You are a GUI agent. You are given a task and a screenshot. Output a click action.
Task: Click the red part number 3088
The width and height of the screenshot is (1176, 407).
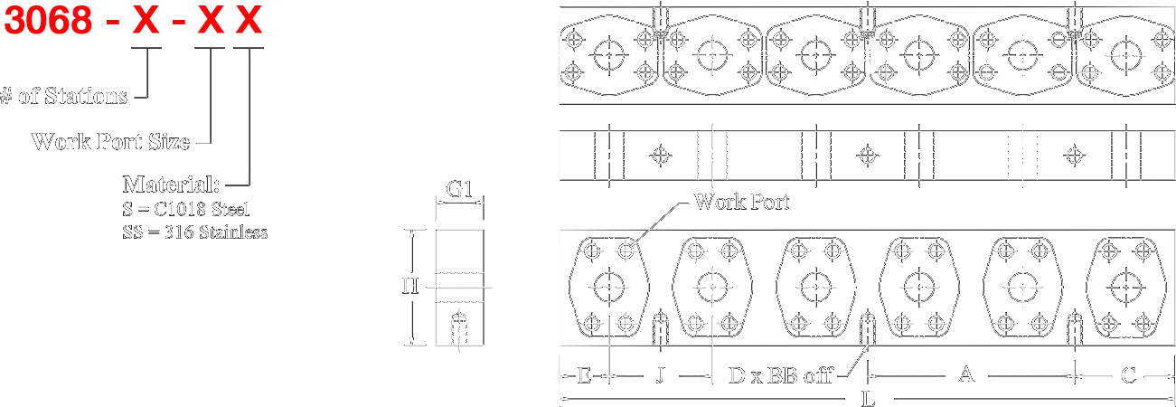47,22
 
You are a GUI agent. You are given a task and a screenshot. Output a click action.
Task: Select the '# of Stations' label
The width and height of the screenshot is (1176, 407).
64,96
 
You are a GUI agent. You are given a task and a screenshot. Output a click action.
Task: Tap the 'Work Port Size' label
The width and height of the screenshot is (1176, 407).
111,141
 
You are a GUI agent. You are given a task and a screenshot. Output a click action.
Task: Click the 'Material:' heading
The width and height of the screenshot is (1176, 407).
172,185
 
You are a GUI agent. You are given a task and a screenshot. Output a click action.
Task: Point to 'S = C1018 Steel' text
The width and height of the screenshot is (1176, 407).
188,210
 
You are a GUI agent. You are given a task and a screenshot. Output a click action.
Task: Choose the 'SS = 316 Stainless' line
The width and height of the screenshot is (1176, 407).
195,232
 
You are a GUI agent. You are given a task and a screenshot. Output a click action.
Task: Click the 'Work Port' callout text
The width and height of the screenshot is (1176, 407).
741,202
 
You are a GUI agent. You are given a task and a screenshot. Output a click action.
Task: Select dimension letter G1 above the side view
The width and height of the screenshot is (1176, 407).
459,190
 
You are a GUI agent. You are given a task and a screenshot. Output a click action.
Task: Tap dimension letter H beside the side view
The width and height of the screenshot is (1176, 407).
409,286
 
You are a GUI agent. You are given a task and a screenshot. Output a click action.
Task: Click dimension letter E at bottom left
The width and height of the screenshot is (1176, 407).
584,374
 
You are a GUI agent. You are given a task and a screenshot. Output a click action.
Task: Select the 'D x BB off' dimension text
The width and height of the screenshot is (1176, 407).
779,374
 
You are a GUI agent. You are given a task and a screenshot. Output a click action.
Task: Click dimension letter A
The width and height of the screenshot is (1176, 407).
965,374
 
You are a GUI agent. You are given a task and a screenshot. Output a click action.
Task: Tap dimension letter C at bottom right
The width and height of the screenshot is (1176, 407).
1127,374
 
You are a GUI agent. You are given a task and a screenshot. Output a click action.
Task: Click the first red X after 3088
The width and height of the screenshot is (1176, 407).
145,22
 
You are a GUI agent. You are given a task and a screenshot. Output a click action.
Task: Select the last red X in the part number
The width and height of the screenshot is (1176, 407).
249,22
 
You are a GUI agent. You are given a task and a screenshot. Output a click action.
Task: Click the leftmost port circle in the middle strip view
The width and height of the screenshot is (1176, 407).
661,156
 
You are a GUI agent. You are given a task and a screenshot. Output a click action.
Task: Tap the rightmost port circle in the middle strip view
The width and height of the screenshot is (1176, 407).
1074,156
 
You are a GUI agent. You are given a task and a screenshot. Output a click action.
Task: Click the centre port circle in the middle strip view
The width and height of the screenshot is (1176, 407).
868,156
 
